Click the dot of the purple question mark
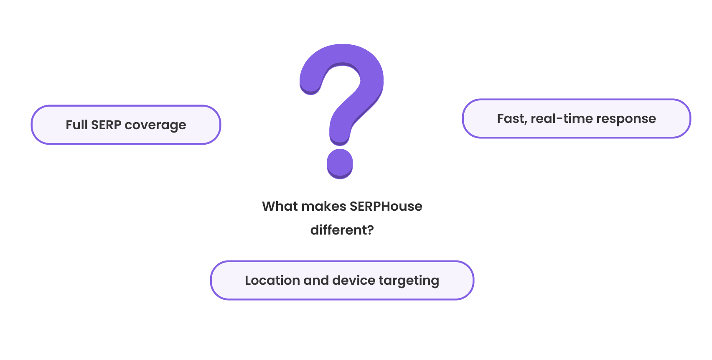point(340,162)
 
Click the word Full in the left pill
point(76,125)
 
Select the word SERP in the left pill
point(106,125)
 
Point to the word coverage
point(155,125)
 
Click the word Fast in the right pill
point(511,119)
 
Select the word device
point(354,281)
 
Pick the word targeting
point(409,281)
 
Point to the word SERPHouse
point(386,207)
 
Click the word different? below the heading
point(342,230)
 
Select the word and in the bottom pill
point(316,281)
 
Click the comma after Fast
point(526,123)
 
